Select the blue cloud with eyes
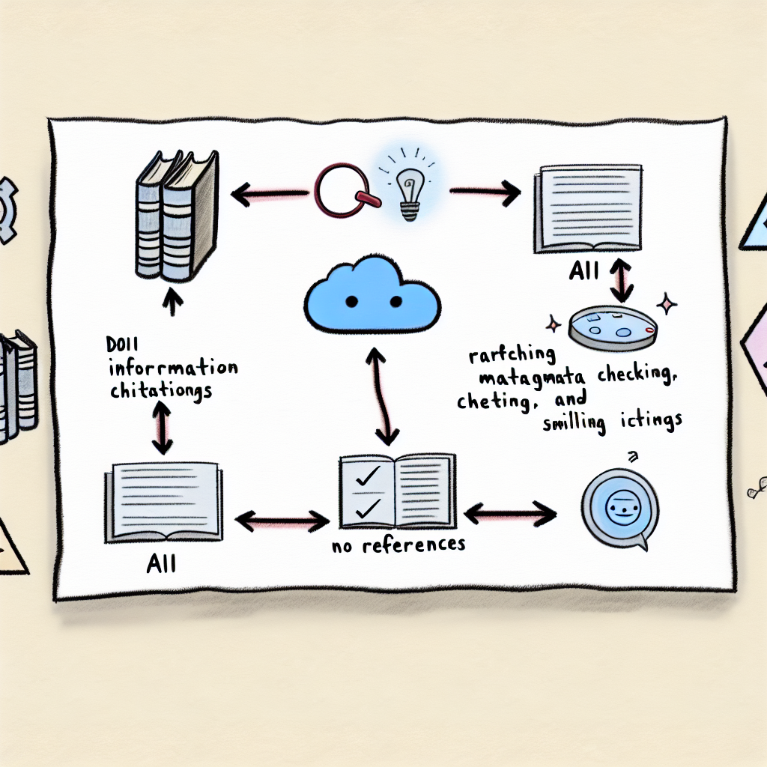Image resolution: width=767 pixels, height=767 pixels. click(372, 294)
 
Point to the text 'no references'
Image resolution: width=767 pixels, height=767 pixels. click(398, 545)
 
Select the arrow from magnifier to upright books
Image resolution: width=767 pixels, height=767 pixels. click(270, 195)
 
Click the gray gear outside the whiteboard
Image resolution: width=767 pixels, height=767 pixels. click(7, 210)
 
